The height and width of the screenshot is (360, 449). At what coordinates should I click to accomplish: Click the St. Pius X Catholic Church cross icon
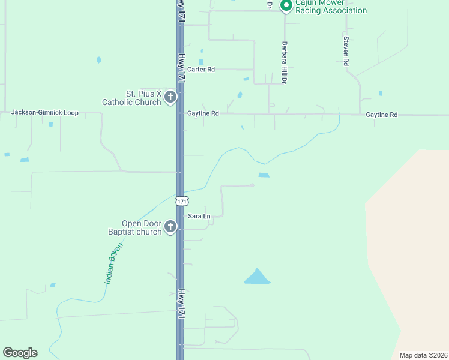tap(170, 97)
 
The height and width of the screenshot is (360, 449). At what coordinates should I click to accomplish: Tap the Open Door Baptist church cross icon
tap(170, 227)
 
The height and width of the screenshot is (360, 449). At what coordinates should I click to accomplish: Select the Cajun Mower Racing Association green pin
tap(286, 5)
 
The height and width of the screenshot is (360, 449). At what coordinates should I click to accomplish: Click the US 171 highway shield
tap(182, 200)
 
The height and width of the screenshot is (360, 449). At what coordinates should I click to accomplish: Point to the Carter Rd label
tap(201, 70)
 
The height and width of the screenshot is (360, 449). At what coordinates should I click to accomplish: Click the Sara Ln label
tap(199, 216)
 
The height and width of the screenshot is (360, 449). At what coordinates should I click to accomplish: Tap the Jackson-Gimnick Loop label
tap(45, 113)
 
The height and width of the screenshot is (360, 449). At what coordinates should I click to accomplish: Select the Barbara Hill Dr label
tap(285, 62)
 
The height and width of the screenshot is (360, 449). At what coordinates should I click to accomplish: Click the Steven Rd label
tap(346, 47)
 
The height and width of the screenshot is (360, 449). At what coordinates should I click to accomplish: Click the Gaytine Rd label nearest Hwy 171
tap(203, 113)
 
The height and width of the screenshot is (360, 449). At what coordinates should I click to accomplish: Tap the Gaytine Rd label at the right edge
tap(382, 114)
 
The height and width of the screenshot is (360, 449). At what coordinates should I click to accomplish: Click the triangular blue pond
tap(257, 277)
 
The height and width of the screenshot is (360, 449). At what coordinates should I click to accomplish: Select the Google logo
tap(20, 353)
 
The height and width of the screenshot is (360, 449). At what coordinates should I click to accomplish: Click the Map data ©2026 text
tap(423, 355)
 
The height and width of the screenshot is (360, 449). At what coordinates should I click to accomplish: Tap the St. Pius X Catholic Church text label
tap(140, 98)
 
